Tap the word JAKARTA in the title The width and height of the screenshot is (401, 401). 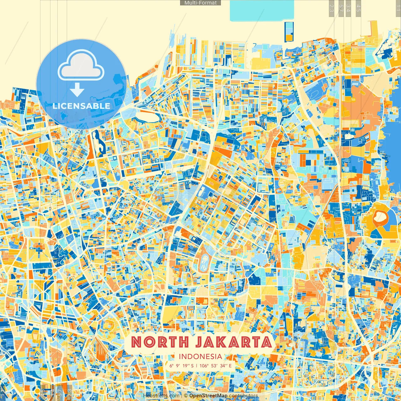click(x=233, y=342)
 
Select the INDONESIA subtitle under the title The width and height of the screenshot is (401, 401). click(x=200, y=357)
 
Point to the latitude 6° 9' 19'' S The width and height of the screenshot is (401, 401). click(x=182, y=366)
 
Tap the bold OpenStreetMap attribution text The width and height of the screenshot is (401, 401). click(x=208, y=396)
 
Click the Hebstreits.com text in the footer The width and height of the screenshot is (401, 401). click(x=161, y=396)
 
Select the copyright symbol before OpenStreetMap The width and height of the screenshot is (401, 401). click(x=186, y=396)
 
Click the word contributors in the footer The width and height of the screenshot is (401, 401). click(x=243, y=396)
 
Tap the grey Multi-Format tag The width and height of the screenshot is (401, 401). click(x=200, y=3)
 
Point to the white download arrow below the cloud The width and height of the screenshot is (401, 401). click(x=77, y=90)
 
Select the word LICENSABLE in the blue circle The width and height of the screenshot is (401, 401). click(x=81, y=106)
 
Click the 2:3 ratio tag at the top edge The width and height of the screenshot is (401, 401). click(x=331, y=8)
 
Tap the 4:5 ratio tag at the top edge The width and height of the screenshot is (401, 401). click(x=358, y=8)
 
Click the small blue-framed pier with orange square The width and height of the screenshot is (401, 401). click(x=289, y=32)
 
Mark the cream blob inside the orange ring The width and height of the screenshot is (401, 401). click(x=380, y=217)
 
